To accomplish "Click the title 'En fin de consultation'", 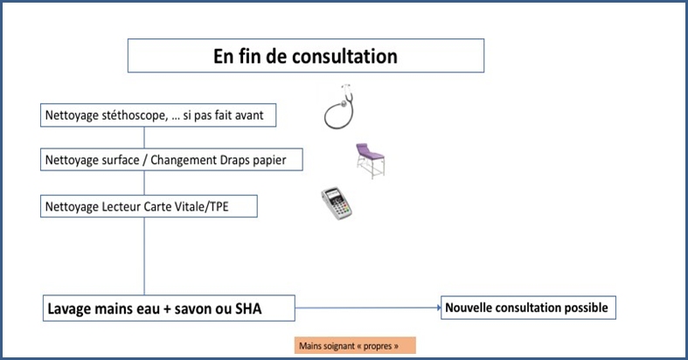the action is pyautogui.click(x=305, y=56).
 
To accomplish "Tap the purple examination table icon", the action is pyautogui.click(x=371, y=161).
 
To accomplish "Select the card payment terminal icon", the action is pyautogui.click(x=337, y=203).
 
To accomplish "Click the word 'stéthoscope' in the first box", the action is pyautogui.click(x=135, y=115).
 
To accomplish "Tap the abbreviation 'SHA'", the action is pyautogui.click(x=248, y=308).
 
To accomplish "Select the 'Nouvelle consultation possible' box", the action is pyautogui.click(x=528, y=308).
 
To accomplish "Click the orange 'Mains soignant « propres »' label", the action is pyautogui.click(x=355, y=345).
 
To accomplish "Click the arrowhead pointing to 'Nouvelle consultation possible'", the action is pyautogui.click(x=439, y=308).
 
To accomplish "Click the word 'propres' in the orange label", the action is pyautogui.click(x=378, y=346).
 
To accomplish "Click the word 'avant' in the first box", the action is pyautogui.click(x=249, y=115).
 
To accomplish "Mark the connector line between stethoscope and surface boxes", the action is pyautogui.click(x=144, y=138).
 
